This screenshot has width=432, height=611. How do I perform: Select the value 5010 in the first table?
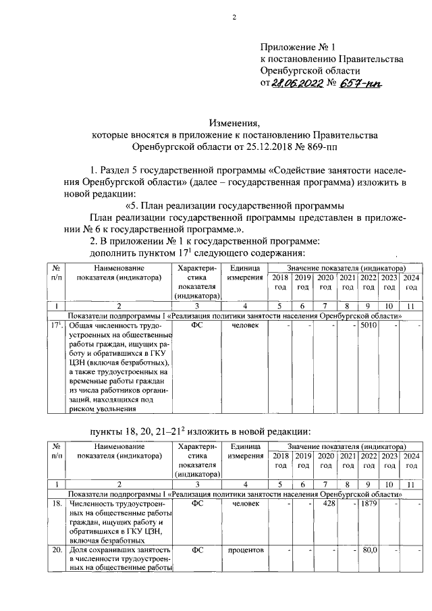(369, 325)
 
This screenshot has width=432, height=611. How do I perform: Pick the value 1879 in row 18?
(369, 504)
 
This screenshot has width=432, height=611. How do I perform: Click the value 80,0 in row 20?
(369, 550)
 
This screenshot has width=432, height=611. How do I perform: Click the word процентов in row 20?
(246, 550)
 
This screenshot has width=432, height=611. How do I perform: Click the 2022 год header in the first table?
(369, 282)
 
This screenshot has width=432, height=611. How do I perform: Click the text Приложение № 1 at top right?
(298, 47)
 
